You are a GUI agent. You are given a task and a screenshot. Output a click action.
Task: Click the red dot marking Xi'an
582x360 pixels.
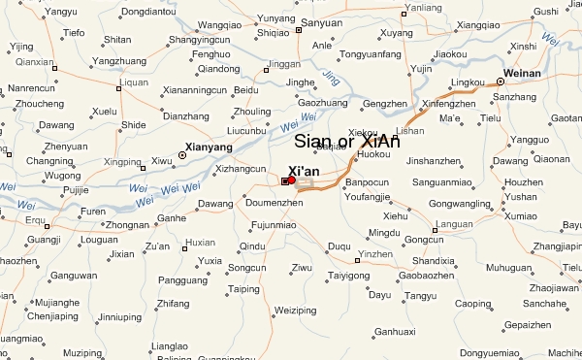[291, 180]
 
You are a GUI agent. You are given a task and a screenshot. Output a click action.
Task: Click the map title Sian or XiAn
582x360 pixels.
[346, 142]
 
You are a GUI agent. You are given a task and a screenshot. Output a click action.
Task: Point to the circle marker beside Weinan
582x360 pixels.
[501, 82]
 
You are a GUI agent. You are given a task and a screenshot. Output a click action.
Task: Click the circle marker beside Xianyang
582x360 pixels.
[181, 154]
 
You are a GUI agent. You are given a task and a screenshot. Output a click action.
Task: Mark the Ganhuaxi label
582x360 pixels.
[395, 331]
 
